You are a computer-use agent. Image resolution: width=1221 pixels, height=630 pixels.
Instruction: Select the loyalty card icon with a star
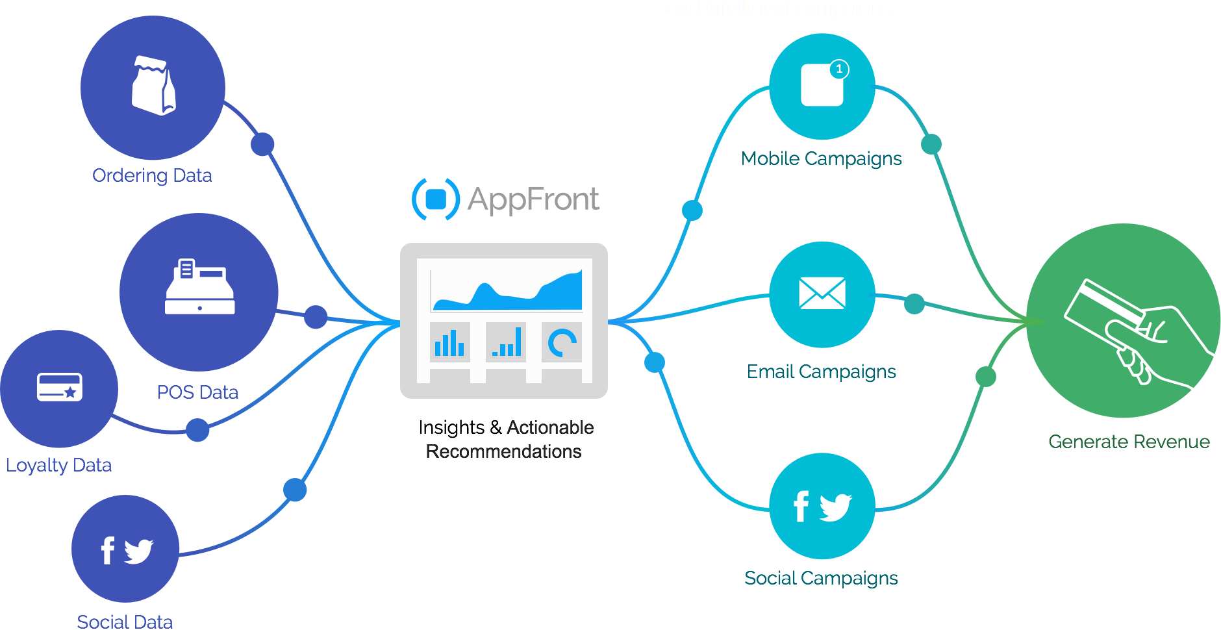point(59,387)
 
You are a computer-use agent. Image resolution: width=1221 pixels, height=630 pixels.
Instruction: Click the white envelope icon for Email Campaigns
point(822,293)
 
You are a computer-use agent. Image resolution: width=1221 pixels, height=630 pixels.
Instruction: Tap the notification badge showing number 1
point(839,69)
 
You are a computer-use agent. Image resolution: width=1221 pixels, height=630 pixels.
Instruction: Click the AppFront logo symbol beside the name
point(436,199)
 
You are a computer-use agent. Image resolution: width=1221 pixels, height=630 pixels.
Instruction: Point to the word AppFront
point(533,199)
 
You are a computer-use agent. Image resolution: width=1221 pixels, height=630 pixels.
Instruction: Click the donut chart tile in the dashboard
point(562,343)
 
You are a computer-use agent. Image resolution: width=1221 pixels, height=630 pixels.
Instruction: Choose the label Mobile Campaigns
point(821,158)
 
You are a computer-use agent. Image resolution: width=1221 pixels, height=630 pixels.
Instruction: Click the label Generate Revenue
point(1129,442)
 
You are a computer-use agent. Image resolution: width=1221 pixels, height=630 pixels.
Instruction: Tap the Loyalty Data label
point(58,465)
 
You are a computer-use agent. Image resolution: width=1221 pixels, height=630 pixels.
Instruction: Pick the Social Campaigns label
point(821,578)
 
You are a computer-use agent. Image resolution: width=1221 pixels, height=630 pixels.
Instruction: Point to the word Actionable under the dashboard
point(550,427)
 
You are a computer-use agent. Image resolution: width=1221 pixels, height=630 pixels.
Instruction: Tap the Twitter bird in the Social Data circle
point(139,551)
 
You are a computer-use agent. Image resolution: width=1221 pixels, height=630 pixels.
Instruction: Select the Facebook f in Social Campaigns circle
point(801,507)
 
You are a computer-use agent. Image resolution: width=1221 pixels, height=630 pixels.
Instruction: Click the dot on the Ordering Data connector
point(262,144)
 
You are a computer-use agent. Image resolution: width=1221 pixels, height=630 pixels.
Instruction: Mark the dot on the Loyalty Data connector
point(197,429)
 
